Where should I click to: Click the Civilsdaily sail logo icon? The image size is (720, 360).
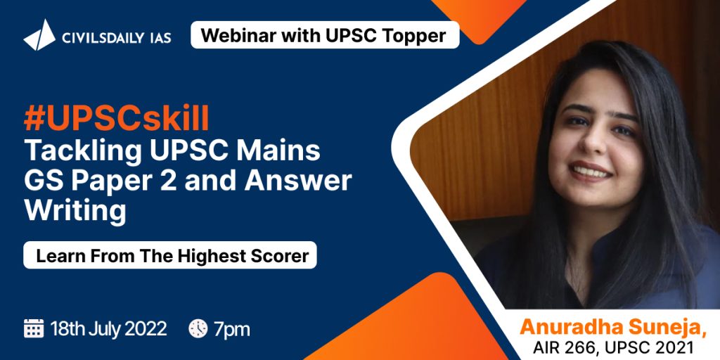[x=39, y=35]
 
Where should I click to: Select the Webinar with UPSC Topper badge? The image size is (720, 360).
[x=325, y=35]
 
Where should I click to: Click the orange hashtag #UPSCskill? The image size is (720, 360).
[x=117, y=119]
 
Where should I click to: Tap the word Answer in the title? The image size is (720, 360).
[x=297, y=181]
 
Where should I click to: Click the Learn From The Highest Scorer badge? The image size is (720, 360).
[x=170, y=255]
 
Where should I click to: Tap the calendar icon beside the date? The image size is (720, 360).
[x=34, y=329]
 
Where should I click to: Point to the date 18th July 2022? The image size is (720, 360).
[x=108, y=329]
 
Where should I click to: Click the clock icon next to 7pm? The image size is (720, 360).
[x=198, y=329]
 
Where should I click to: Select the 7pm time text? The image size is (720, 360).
[x=232, y=330]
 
